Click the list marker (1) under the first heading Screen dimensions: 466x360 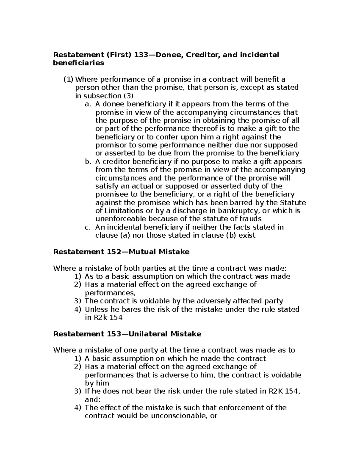click(x=68, y=80)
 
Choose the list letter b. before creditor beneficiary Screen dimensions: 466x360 click(x=88, y=162)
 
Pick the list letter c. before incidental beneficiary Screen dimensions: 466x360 click(x=88, y=227)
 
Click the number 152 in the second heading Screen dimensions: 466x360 click(x=111, y=252)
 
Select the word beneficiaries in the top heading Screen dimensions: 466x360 click(x=79, y=63)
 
